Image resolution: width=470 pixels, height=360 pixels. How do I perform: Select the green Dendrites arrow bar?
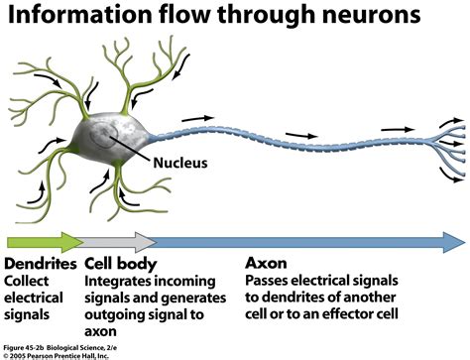tap(44, 241)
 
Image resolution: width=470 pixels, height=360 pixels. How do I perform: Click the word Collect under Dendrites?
tap(31, 284)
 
